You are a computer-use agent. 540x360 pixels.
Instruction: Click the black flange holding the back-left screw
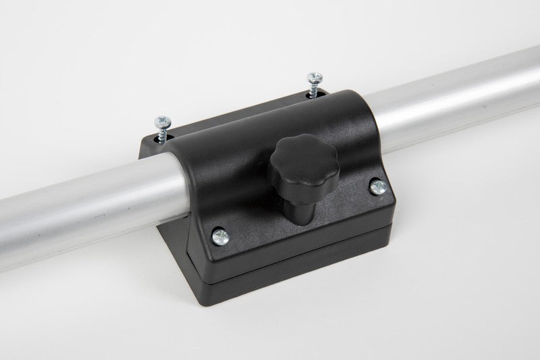(x=154, y=143)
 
